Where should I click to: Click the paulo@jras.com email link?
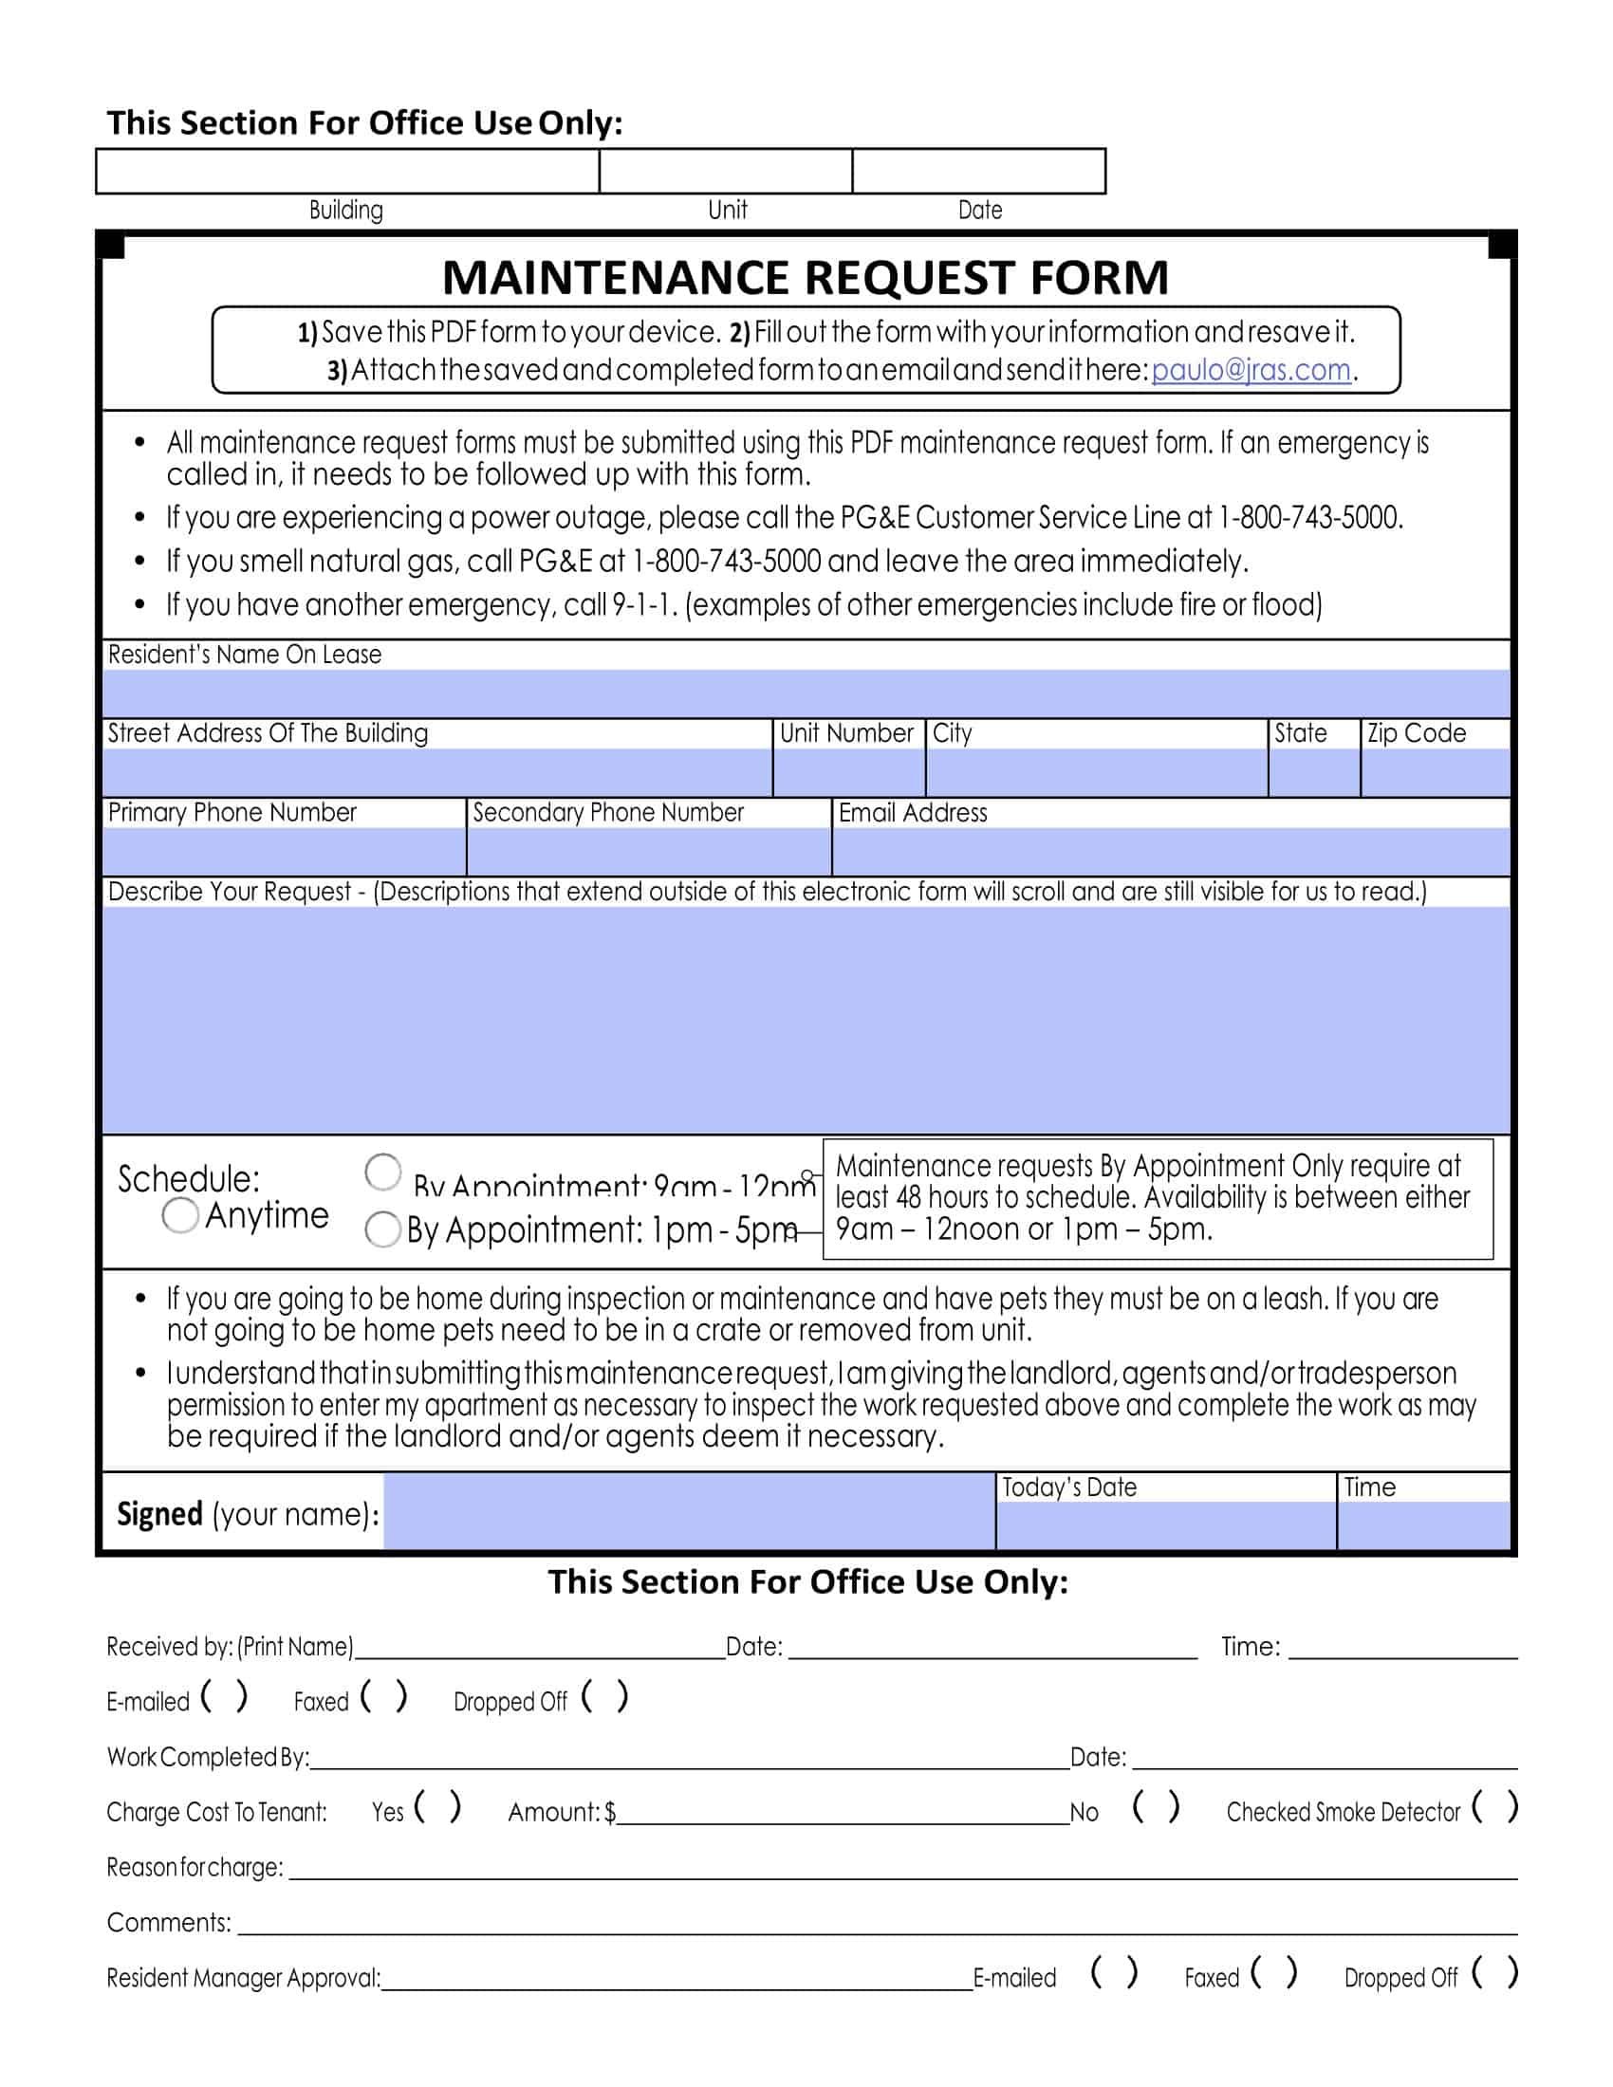1250,370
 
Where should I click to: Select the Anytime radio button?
179,1215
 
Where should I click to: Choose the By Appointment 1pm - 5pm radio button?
382,1228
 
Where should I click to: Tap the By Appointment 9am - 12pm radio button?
383,1172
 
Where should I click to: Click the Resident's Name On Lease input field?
806,693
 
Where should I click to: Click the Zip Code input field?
1435,772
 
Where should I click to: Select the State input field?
1314,772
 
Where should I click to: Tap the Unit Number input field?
848,772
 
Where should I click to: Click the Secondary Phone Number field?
649,852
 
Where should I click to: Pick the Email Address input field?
1171,852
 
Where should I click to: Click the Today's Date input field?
1165,1525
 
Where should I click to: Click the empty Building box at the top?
347,171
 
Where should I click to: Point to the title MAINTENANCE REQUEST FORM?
806,277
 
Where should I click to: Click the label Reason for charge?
195,1867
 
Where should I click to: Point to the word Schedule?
188,1179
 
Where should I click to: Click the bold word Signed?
159,1515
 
